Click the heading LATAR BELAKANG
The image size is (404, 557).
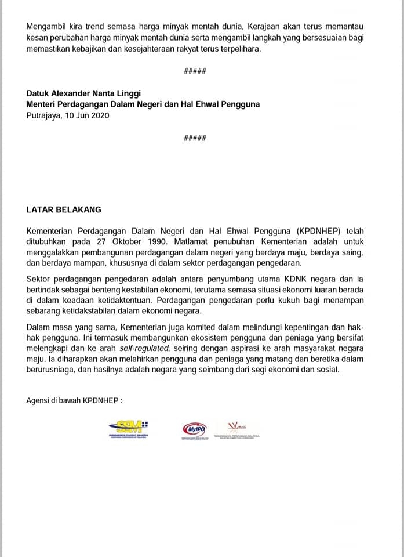tap(64, 209)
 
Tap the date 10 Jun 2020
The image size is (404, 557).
tap(88, 115)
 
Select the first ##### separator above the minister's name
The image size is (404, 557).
tap(194, 71)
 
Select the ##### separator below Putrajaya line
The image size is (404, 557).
tap(194, 138)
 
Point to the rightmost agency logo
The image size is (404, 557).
tap(236, 429)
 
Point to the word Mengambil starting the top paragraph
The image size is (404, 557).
tap(49, 27)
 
